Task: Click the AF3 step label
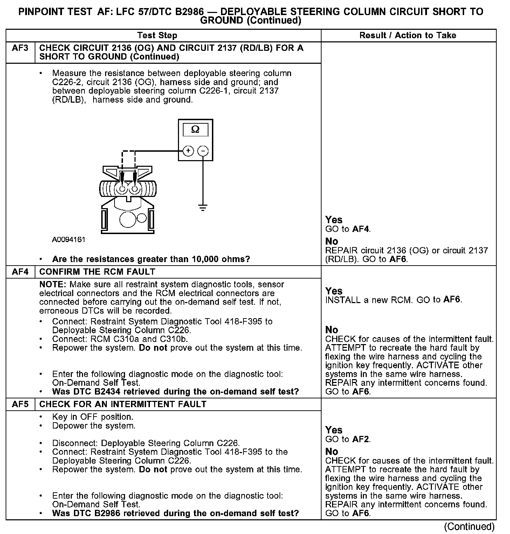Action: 20,48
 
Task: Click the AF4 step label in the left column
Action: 20,272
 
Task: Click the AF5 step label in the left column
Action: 20,404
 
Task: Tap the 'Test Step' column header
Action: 157,35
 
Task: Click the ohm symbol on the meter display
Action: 195,130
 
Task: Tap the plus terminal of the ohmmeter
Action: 188,151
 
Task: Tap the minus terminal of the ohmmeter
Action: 203,151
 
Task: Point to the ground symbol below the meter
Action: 202,207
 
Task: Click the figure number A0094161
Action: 69,240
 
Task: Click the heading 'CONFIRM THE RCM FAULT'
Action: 97,272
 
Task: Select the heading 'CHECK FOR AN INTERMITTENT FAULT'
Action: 123,404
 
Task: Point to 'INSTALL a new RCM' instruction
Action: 368,300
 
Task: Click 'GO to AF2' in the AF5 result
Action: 347,439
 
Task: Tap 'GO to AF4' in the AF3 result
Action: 347,230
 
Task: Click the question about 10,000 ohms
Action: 151,259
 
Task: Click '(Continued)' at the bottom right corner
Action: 469,527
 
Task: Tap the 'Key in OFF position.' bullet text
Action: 92,417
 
